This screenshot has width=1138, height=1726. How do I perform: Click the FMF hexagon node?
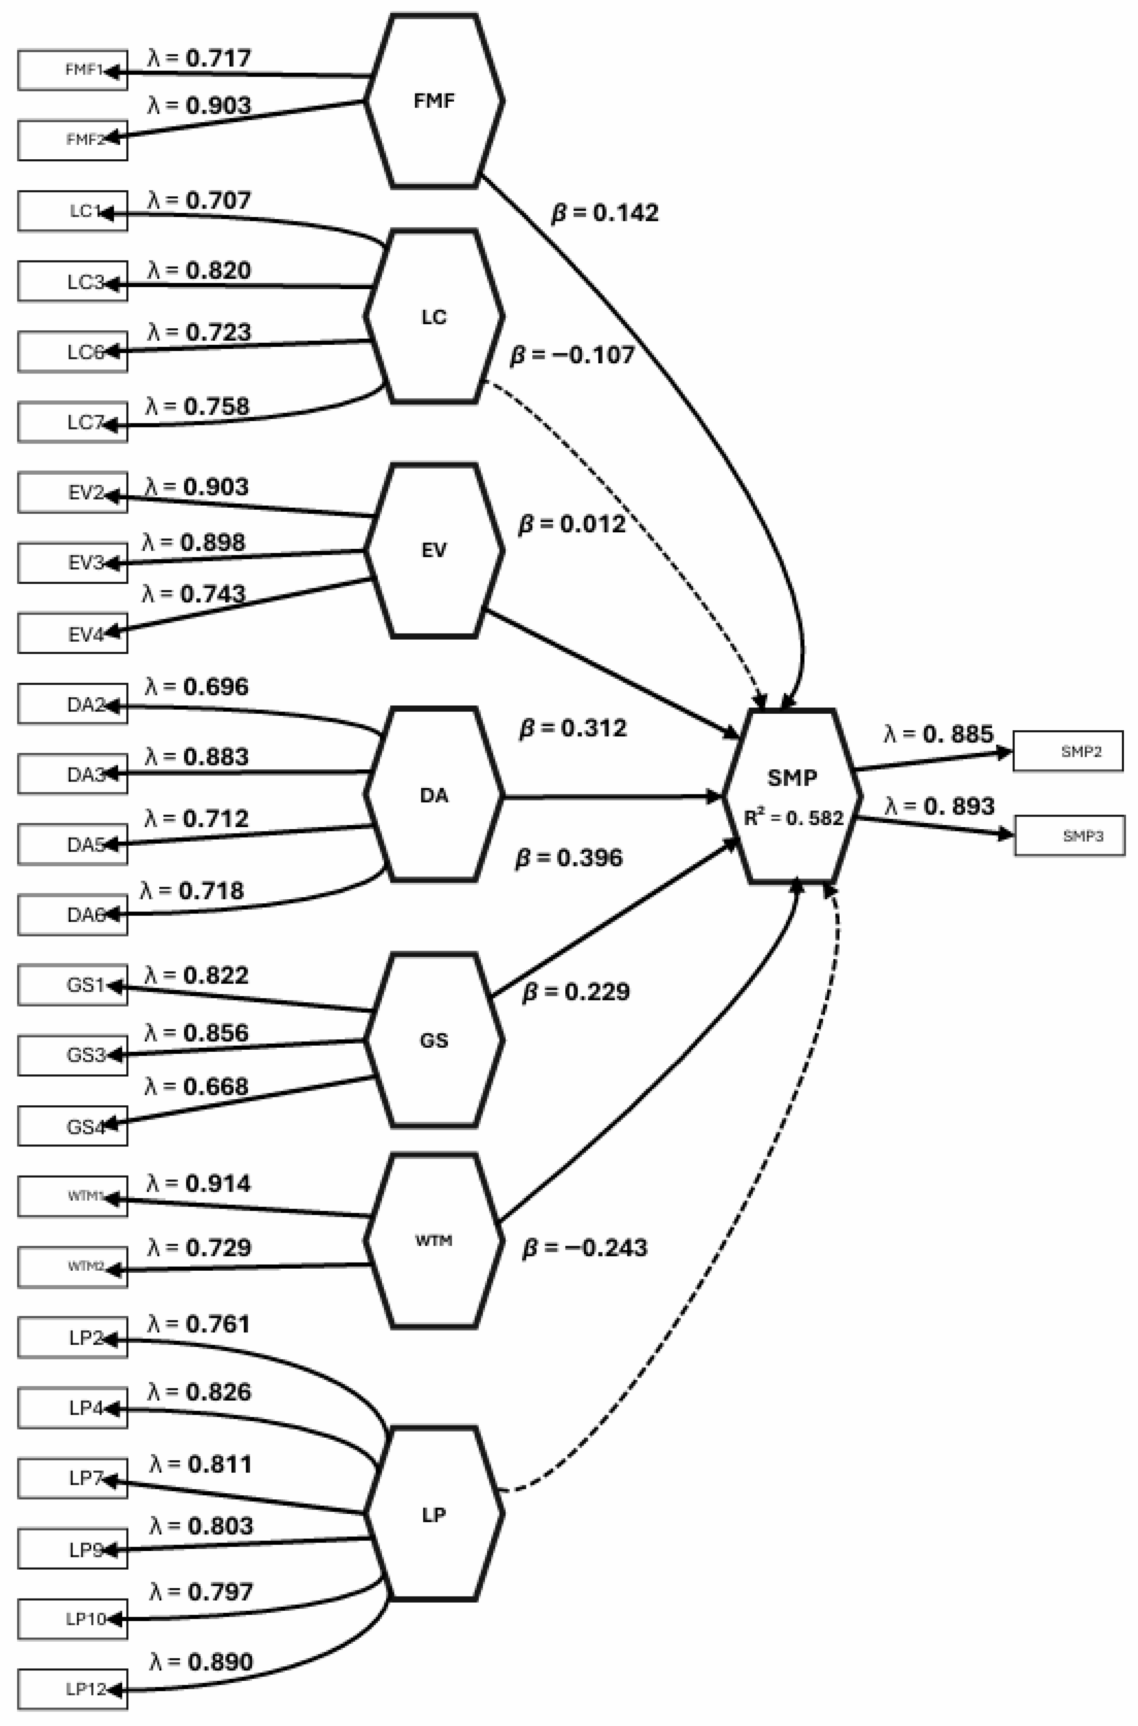tap(434, 101)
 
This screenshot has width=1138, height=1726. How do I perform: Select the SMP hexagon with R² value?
tap(792, 796)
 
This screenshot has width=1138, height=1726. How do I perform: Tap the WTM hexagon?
tap(434, 1240)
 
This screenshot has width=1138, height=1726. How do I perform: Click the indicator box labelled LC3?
tap(73, 281)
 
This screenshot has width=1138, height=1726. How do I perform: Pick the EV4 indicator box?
tap(73, 634)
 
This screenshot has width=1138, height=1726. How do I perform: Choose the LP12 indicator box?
tap(73, 1690)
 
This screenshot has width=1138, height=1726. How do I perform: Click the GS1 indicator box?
tap(73, 985)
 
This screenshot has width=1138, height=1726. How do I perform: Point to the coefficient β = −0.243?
tap(585, 1248)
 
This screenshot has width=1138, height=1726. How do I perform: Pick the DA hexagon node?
tap(434, 796)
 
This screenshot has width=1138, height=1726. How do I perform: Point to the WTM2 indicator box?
tap(73, 1267)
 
